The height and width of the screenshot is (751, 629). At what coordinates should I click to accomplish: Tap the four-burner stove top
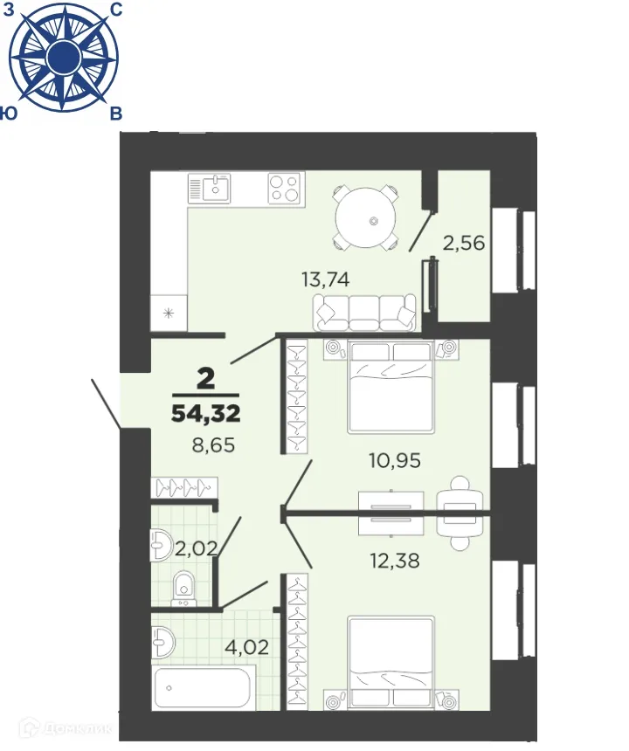coord(284,187)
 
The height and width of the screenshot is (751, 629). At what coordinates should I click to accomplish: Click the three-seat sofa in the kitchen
coord(365,313)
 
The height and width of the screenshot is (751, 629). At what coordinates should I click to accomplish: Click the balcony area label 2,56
coord(464,243)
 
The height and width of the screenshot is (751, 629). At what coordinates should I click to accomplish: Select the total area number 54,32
coord(206,413)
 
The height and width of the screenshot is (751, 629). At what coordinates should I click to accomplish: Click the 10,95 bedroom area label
coord(393,460)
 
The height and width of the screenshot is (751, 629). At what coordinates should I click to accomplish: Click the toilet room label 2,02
coord(196,548)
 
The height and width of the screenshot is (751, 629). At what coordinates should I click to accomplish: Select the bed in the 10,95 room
coord(391,386)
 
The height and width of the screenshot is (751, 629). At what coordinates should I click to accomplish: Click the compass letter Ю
coord(10,114)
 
